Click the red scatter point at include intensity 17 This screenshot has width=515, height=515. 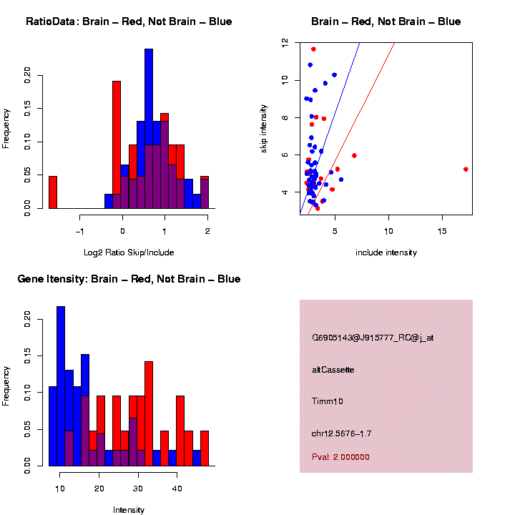tap(466, 170)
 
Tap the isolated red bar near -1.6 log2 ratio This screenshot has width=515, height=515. tap(53, 192)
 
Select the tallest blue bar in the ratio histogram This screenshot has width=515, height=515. tap(149, 129)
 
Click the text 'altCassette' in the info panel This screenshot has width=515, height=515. tap(333, 370)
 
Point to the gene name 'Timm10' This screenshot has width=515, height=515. tap(328, 401)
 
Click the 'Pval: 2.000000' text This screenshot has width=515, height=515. tap(341, 457)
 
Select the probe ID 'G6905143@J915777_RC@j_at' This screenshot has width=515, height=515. tap(373, 338)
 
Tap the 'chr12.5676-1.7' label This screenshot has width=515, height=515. tap(342, 433)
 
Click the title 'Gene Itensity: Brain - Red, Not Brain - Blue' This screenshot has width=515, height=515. tap(129, 279)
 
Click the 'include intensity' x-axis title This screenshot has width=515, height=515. tap(386, 252)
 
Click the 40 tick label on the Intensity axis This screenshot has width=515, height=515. tap(176, 489)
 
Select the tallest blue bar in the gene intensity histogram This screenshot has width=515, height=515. tap(61, 386)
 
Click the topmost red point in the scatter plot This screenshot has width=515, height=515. tap(313, 49)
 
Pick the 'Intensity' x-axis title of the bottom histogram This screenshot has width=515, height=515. tap(129, 510)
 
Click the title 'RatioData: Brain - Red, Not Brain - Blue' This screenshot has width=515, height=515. tap(129, 21)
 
